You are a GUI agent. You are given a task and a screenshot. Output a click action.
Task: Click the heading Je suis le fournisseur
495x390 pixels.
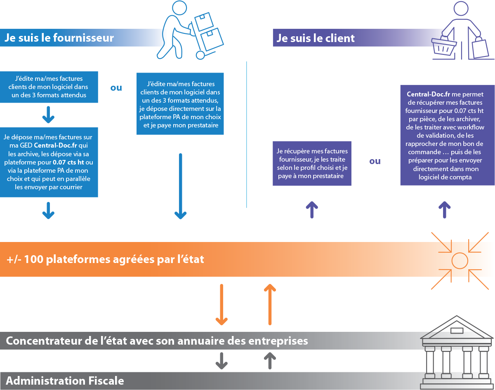tap(59, 38)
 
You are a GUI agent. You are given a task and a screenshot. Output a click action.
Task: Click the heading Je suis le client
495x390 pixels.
tap(316, 38)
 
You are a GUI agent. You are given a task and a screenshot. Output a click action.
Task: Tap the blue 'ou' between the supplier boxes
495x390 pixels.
tap(116, 88)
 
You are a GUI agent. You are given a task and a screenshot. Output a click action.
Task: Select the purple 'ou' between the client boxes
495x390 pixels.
tap(375, 161)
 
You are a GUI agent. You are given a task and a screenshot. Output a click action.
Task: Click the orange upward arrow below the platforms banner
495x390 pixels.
tap(270, 304)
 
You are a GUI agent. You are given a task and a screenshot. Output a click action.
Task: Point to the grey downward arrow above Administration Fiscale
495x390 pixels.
tap(222, 361)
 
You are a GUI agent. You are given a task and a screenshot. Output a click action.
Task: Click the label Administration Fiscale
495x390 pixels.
tap(65, 381)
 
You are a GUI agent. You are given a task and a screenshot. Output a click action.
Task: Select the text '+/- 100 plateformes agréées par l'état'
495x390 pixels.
tap(106, 260)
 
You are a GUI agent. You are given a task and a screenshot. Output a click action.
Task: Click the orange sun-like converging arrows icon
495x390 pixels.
tap(460, 260)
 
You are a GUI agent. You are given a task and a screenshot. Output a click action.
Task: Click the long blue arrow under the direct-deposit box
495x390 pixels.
tap(180, 186)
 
